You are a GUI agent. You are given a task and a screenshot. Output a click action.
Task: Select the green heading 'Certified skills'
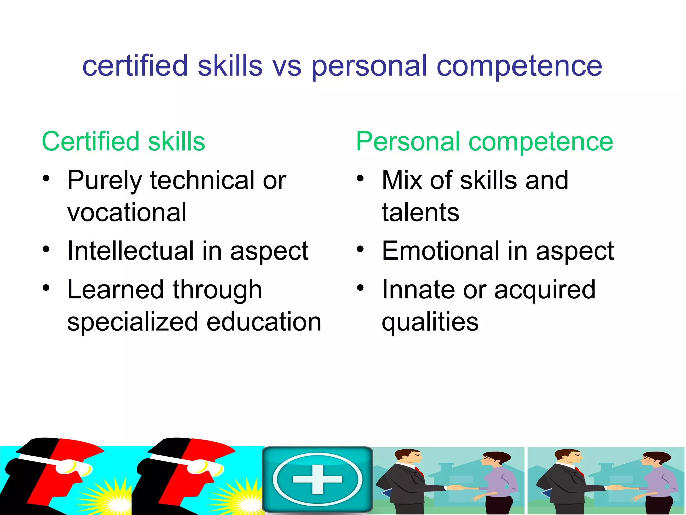coord(123,141)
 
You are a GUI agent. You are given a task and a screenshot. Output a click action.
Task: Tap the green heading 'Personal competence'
coord(484,141)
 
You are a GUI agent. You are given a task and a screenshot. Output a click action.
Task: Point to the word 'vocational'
coord(127,213)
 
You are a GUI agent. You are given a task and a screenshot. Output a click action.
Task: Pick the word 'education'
coord(264,322)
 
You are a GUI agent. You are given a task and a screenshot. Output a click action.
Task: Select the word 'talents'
coord(420,213)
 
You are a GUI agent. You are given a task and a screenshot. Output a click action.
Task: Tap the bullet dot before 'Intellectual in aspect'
coord(46,250)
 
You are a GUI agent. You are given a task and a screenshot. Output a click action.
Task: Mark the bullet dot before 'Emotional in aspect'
coord(360,250)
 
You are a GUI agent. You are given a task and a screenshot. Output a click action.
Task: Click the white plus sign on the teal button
coord(317,479)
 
